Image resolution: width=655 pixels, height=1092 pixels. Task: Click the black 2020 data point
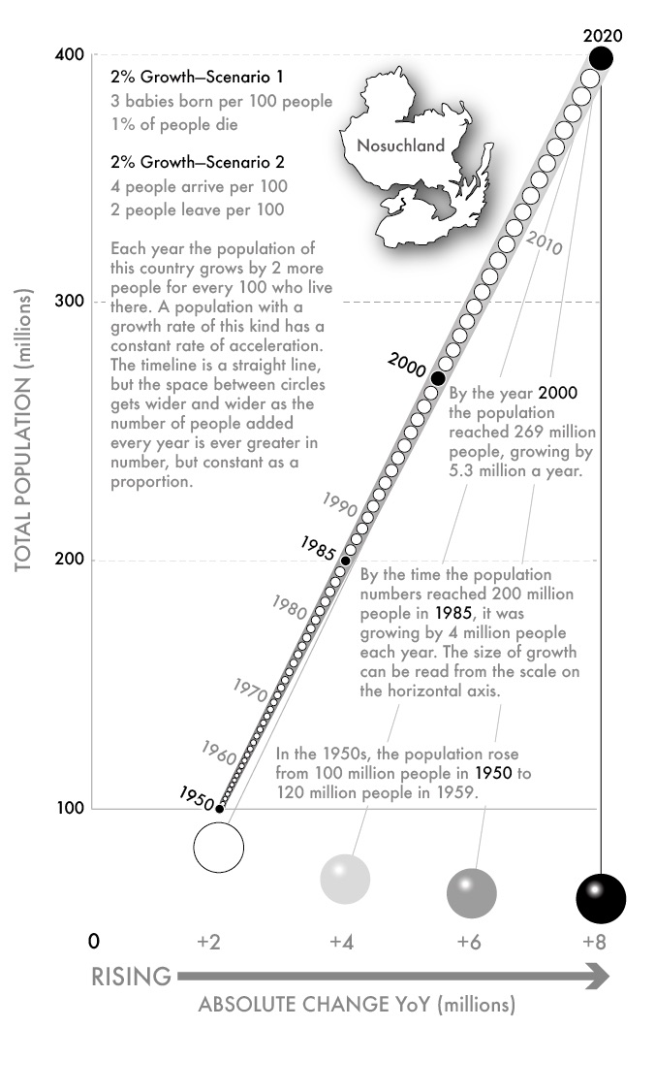(601, 58)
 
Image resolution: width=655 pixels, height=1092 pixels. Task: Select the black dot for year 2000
(438, 378)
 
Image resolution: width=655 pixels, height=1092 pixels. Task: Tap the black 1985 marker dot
(345, 561)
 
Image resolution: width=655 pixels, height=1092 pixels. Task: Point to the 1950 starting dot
(219, 808)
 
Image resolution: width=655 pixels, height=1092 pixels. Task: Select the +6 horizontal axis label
(471, 941)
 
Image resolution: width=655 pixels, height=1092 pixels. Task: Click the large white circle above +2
(219, 847)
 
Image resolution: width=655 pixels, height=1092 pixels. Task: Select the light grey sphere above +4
(346, 879)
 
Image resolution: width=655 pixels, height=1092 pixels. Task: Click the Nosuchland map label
(400, 146)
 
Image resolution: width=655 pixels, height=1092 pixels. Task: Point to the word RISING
(132, 976)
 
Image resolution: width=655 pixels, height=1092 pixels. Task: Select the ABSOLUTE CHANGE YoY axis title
(357, 1005)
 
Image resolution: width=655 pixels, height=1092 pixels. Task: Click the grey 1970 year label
(251, 691)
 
